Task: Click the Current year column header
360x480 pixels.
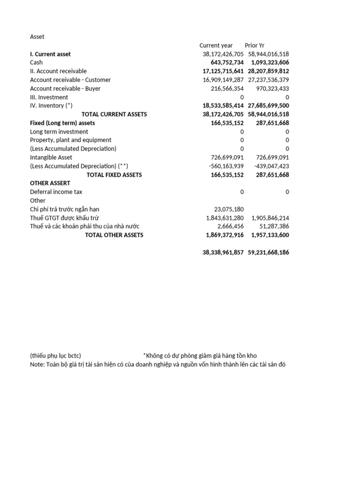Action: pyautogui.click(x=216, y=45)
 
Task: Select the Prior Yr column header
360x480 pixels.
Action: pyautogui.click(x=255, y=45)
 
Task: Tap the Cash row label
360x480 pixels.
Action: pyautogui.click(x=36, y=63)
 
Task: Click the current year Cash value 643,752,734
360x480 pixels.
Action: pyautogui.click(x=223, y=63)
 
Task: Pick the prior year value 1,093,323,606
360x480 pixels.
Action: pyautogui.click(x=270, y=63)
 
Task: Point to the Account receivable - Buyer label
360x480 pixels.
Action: pyautogui.click(x=65, y=89)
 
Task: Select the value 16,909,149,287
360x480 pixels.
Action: pyautogui.click(x=223, y=80)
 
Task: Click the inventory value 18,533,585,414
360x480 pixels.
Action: pyautogui.click(x=223, y=106)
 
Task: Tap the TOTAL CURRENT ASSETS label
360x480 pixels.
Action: pyautogui.click(x=114, y=114)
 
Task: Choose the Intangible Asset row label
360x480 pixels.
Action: pyautogui.click(x=51, y=157)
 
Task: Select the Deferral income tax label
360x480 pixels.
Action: pyautogui.click(x=56, y=192)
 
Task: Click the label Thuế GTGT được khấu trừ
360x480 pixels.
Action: pyautogui.click(x=64, y=218)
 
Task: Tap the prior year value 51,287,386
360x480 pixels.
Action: pyautogui.click(x=273, y=226)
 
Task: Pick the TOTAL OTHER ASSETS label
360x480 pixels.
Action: pyautogui.click(x=114, y=235)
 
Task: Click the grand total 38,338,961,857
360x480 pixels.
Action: pyautogui.click(x=223, y=252)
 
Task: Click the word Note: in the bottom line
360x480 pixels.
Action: pyautogui.click(x=37, y=365)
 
